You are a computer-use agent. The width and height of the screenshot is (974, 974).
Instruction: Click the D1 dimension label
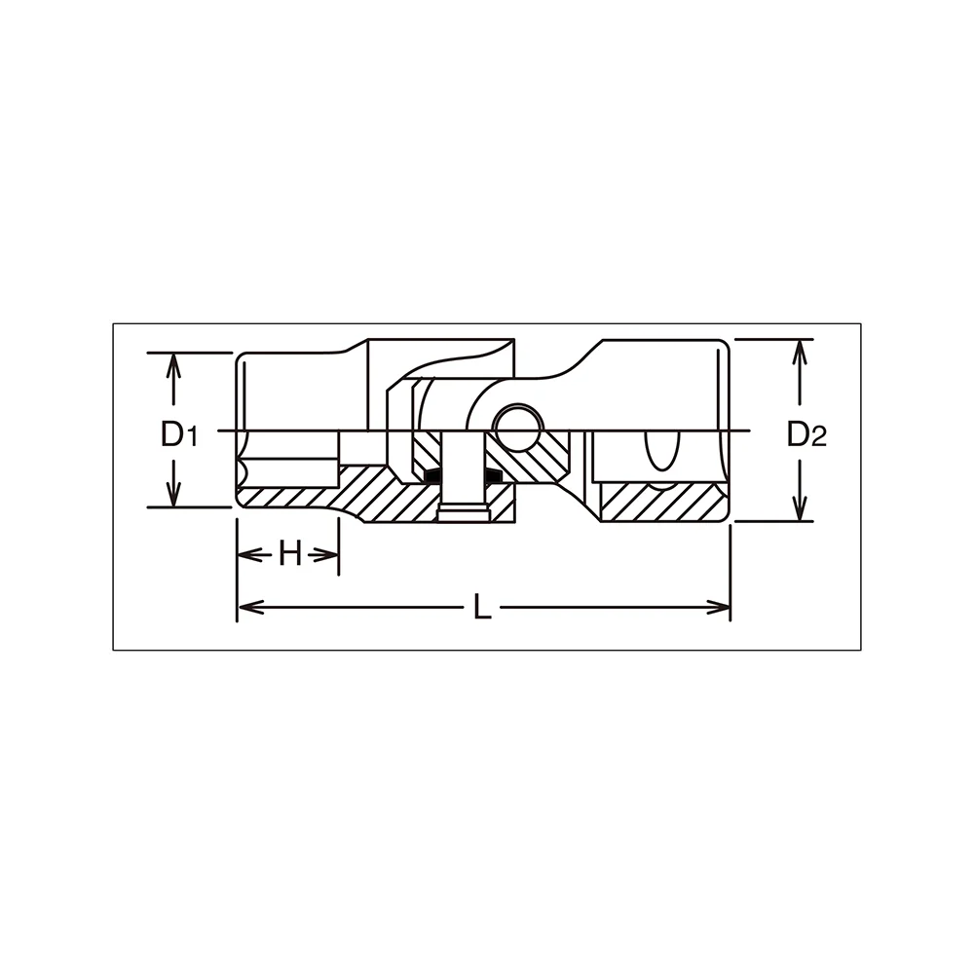point(179,433)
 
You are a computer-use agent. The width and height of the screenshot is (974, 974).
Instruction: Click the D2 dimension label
point(806,433)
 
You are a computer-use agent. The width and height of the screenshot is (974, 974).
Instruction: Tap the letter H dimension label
point(290,553)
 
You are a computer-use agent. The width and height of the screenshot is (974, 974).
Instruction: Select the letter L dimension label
point(483,607)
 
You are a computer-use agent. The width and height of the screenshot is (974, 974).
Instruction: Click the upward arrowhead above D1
point(174,365)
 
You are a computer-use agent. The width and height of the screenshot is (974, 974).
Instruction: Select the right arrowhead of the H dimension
point(325,554)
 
